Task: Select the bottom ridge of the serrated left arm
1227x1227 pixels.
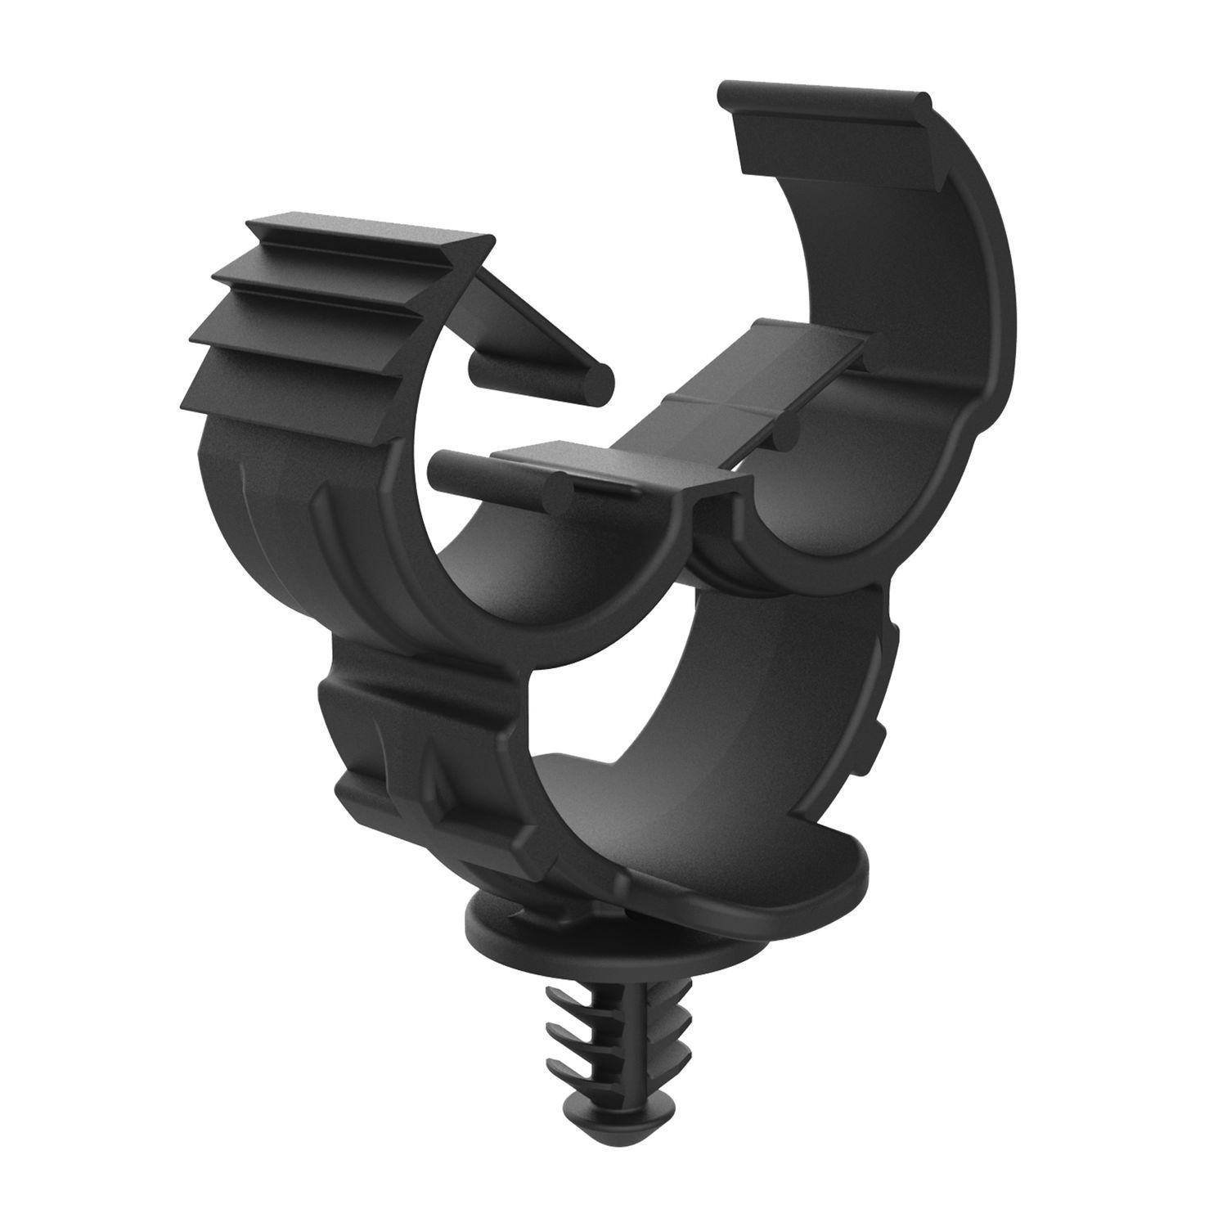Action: [286, 393]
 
